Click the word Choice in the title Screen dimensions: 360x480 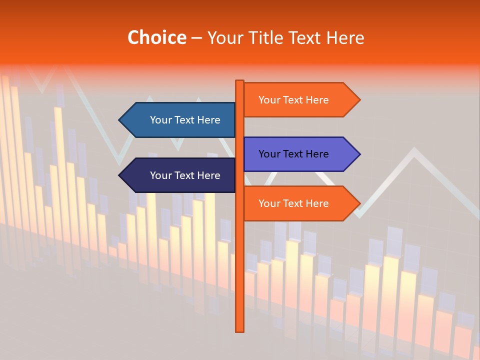coord(156,38)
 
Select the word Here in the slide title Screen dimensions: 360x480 coord(345,38)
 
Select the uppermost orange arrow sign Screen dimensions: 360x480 coord(300,100)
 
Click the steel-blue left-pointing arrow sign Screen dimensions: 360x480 coord(180,120)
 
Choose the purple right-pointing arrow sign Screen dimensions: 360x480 coord(300,154)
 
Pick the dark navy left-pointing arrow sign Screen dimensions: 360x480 coord(180,175)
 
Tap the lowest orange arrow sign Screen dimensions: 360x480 coord(300,203)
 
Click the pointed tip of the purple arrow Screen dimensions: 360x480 coord(359,154)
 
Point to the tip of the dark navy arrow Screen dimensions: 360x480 coord(120,175)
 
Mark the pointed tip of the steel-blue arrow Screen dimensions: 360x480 coord(120,120)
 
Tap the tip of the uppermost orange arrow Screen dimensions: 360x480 coord(359,100)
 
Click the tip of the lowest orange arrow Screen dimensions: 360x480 coord(359,203)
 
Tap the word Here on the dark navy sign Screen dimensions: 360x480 coord(208,175)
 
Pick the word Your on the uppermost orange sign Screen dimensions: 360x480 coord(269,100)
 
